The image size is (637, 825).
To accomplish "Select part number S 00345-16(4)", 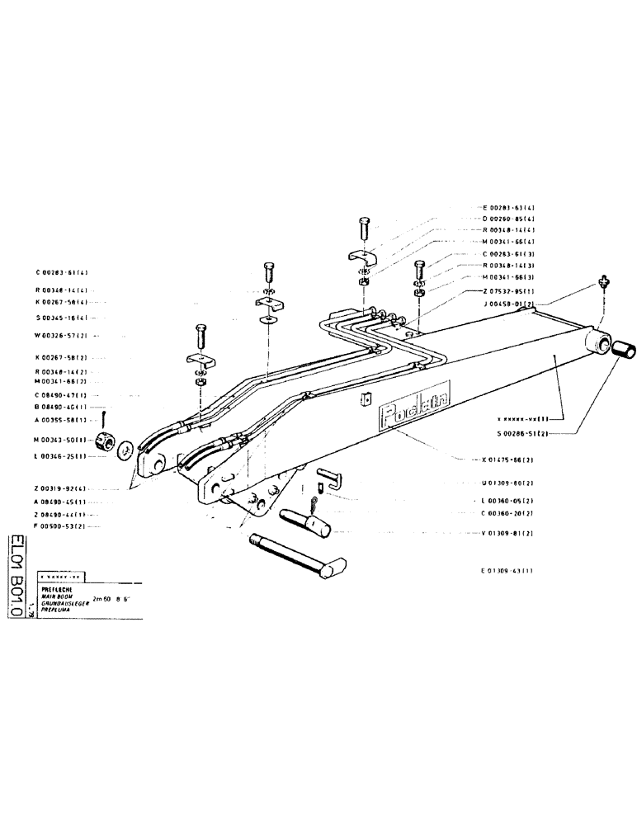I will coord(62,318).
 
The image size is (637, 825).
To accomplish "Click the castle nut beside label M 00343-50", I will coord(106,440).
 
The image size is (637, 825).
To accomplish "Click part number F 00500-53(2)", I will coord(62,525).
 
